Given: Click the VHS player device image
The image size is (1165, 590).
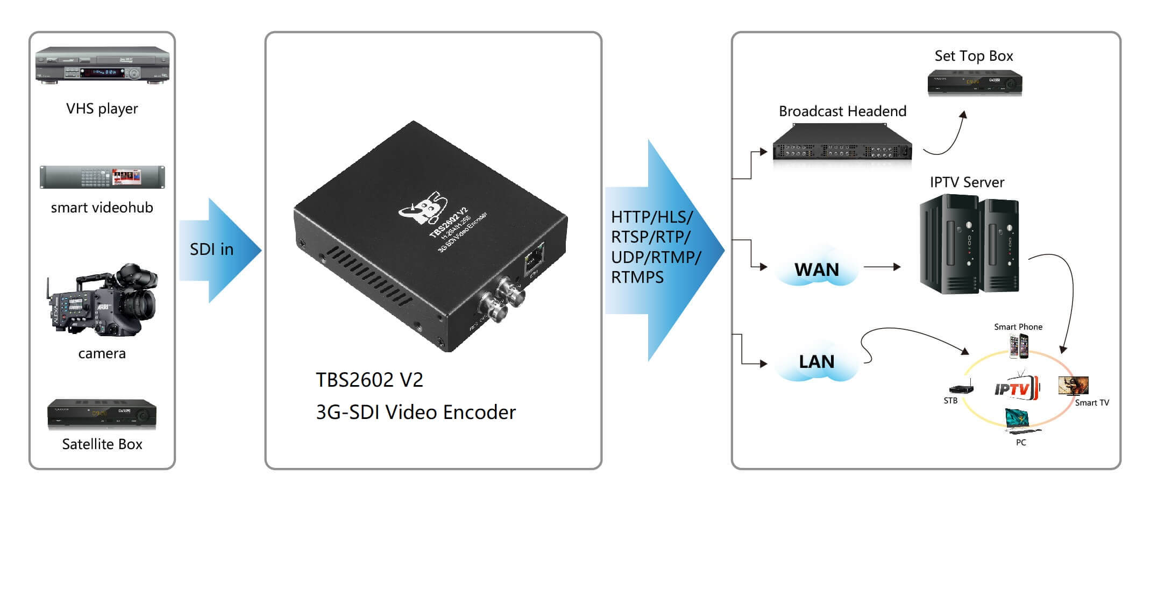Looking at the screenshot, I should coord(102,65).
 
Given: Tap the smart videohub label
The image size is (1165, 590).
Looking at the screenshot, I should coord(102,208).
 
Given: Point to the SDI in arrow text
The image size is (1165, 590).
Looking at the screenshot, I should coord(211,250).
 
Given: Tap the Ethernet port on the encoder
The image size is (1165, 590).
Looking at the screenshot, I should coord(534,257).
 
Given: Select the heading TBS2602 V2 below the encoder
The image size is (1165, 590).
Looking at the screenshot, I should coord(370,380).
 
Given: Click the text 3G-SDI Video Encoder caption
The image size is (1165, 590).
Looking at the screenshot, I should coord(416,413).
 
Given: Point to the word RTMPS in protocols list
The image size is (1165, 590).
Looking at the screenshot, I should coord(637,278).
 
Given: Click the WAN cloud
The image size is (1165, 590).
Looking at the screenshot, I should coord(816,269).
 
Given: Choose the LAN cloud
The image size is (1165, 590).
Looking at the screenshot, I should coord(816,361).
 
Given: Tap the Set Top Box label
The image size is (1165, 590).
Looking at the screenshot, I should coord(974,56).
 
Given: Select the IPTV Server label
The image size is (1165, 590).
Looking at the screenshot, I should coord(967,182).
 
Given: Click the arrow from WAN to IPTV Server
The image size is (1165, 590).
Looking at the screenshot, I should coord(882,267).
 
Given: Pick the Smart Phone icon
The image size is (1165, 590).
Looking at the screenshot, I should coord(1019,346).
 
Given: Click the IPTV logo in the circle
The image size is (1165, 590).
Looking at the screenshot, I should coord(1014,388).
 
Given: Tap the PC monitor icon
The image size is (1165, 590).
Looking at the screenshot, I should coord(1018,420).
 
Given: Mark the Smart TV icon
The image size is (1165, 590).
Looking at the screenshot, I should coord(1073,386).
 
